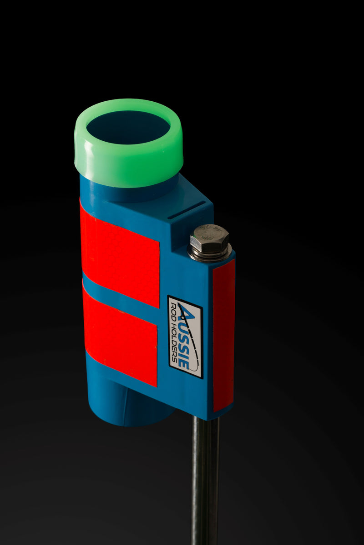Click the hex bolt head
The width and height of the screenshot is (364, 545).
click(210, 239)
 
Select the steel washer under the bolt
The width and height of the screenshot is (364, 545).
click(210, 254)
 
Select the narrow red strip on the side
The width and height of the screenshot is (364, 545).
click(223, 336)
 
